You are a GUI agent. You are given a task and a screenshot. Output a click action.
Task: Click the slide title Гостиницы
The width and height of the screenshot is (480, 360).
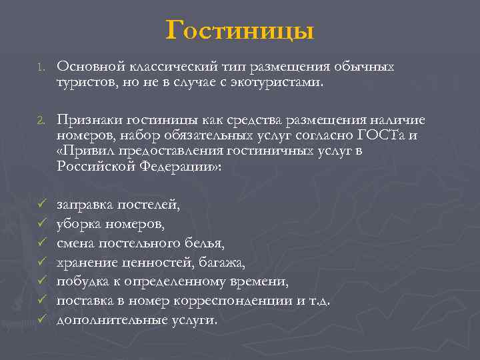tap(239, 30)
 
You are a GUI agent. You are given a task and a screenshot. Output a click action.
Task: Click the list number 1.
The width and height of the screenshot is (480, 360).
tap(40, 67)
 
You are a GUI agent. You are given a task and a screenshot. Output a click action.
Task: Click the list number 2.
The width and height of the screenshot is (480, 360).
tap(41, 120)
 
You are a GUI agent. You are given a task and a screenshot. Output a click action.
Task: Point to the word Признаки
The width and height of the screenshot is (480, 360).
tap(87, 119)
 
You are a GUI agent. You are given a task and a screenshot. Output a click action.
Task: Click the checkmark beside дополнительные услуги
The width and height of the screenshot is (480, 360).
tap(41, 319)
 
